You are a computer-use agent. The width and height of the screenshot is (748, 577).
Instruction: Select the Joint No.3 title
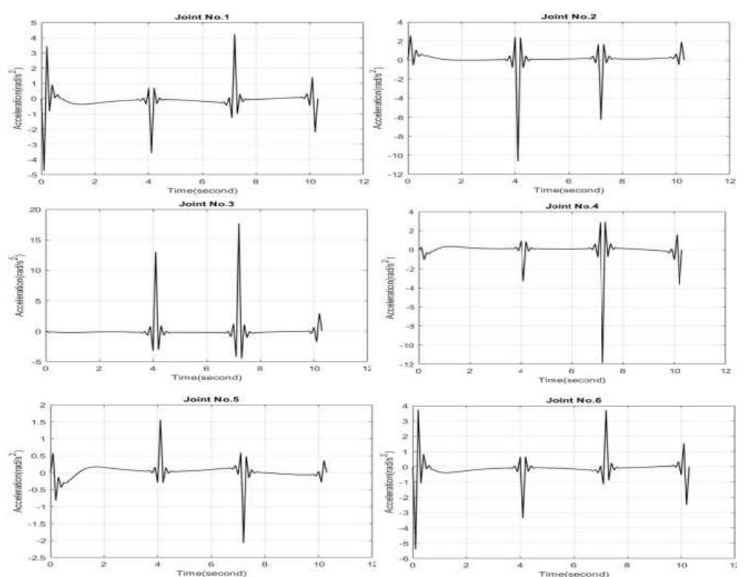(203, 202)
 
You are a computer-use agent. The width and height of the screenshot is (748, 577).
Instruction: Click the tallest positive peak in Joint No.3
(239, 224)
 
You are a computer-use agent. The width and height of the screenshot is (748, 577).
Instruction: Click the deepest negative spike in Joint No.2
(517, 160)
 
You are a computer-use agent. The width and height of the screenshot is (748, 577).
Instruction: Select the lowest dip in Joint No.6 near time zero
(415, 548)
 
